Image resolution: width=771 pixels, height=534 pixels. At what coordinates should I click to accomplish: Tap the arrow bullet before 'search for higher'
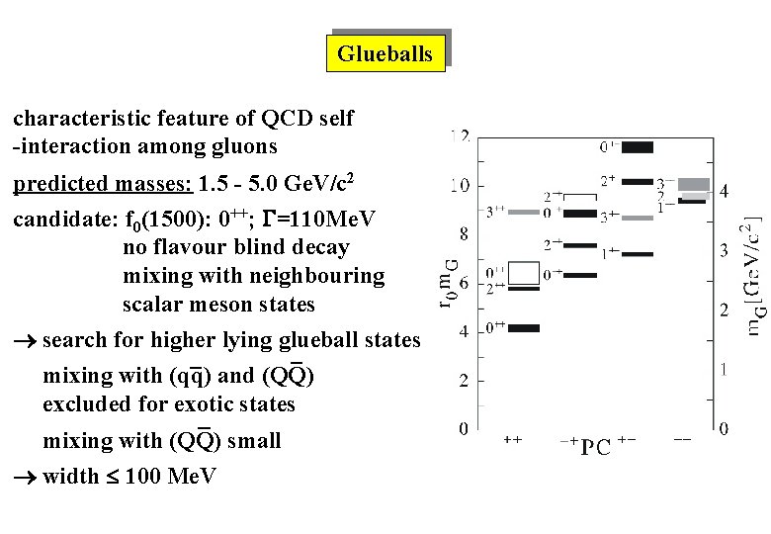pos(25,341)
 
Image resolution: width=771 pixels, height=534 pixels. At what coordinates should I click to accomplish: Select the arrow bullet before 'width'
pos(25,477)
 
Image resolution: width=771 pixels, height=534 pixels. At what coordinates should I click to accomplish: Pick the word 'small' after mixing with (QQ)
pos(254,441)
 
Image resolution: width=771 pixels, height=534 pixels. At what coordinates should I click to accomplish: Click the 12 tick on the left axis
pos(460,135)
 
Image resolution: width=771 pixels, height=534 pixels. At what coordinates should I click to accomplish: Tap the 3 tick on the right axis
pos(725,250)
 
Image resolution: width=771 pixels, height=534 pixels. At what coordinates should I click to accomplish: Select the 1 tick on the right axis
pos(725,370)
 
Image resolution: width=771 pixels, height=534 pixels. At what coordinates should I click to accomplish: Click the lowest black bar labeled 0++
pos(524,327)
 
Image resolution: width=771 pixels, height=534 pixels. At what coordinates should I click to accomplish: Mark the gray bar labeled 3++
pos(524,212)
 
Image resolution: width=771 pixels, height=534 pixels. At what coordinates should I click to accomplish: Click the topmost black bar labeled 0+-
pos(637,147)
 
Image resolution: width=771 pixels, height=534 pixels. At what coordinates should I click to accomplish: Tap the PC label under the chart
pos(594,447)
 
